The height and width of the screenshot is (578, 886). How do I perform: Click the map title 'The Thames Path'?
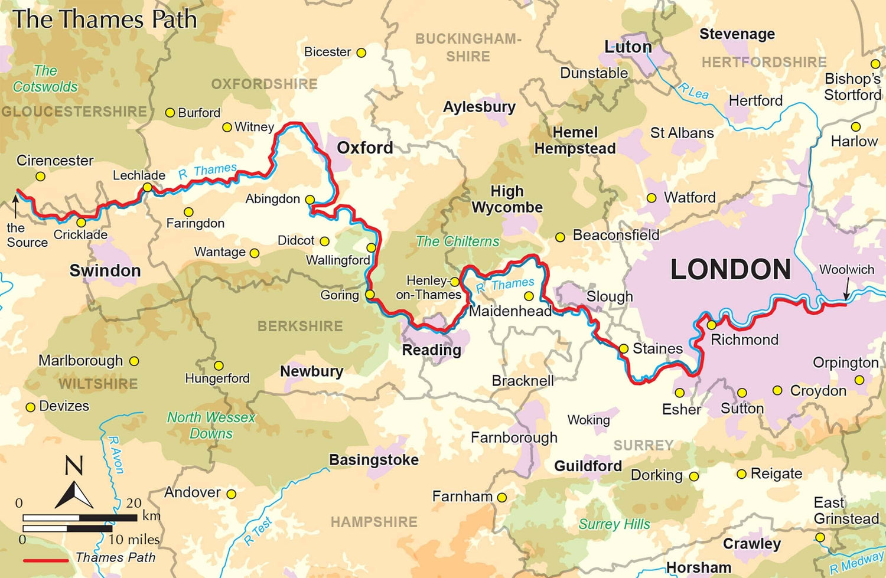click(x=105, y=19)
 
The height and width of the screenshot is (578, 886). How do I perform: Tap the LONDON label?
click(x=730, y=270)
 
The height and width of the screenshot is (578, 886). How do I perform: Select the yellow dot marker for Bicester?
click(x=361, y=53)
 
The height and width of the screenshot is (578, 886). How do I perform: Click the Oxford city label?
click(x=364, y=148)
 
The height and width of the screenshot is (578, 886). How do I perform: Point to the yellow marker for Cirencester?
click(x=40, y=176)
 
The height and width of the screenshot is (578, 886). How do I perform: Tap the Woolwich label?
click(x=846, y=270)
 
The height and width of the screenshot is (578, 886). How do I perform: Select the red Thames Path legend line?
click(x=46, y=559)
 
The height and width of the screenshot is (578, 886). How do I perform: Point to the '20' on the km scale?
click(x=133, y=503)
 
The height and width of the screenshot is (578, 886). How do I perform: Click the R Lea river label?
click(x=693, y=91)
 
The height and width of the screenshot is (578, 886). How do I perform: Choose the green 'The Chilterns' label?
click(x=457, y=241)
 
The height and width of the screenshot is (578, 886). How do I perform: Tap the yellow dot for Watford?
click(x=652, y=198)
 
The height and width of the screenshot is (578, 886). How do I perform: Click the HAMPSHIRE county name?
click(x=373, y=522)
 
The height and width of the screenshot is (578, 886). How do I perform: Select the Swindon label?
click(x=105, y=270)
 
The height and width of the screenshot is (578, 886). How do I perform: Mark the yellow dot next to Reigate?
click(x=742, y=474)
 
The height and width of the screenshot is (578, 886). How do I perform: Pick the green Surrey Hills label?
click(x=614, y=524)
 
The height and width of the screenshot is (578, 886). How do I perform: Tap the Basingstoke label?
click(x=373, y=460)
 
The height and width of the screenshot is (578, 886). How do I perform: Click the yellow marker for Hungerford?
click(x=219, y=365)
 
